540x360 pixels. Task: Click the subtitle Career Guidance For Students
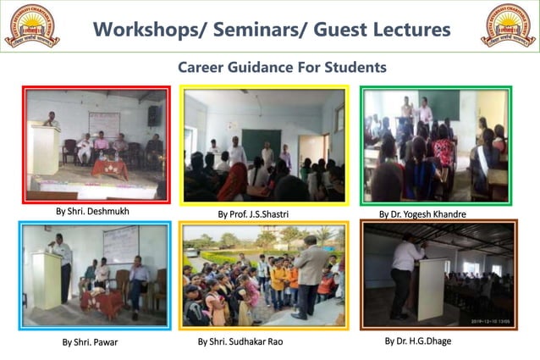[282, 66]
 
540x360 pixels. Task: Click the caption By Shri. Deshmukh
[92, 212]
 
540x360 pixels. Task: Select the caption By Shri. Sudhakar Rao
[240, 341]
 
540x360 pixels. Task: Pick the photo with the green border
[436, 145]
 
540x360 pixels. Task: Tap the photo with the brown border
[438, 274]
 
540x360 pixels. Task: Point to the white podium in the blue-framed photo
[47, 279]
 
